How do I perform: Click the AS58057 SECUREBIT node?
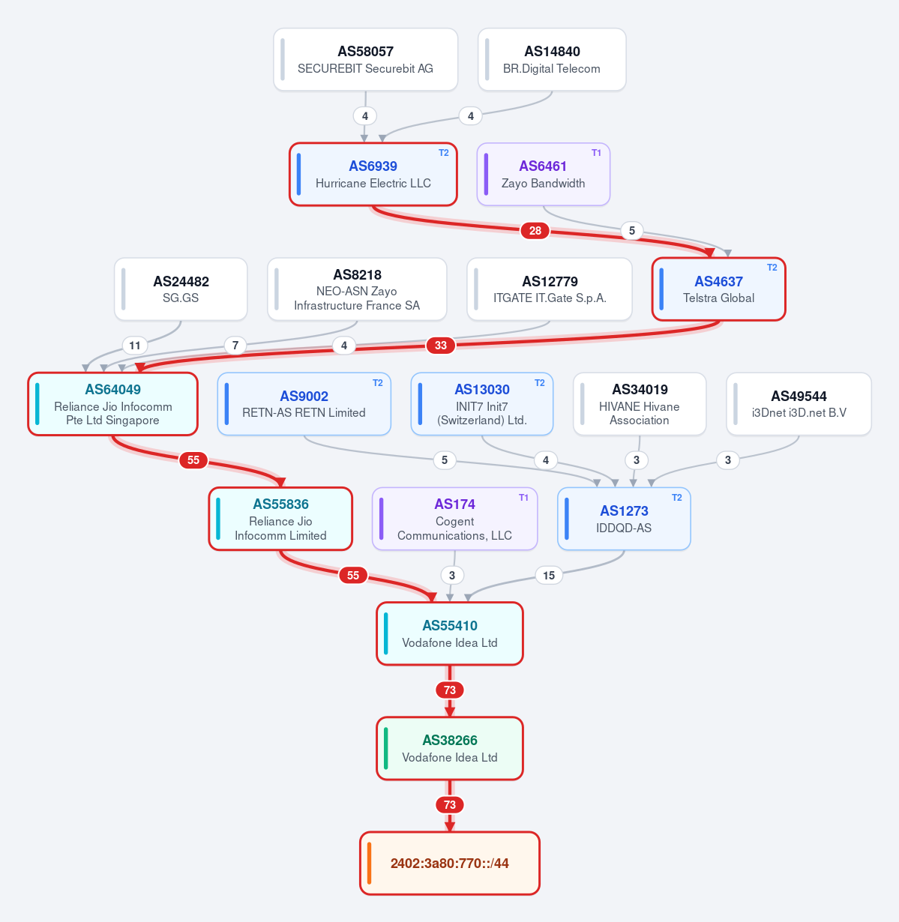pyautogui.click(x=365, y=59)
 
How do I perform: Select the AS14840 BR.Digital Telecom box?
pyautogui.click(x=552, y=59)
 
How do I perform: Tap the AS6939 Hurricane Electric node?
pyautogui.click(x=373, y=174)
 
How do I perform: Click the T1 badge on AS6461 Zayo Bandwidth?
pyautogui.click(x=596, y=153)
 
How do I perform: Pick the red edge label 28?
pyautogui.click(x=535, y=231)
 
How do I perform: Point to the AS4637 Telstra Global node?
pyautogui.click(x=718, y=289)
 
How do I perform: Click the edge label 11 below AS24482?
pyautogui.click(x=135, y=346)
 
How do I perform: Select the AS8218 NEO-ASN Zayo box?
pyautogui.click(x=357, y=289)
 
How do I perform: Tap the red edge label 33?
pyautogui.click(x=441, y=346)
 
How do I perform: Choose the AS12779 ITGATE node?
pyautogui.click(x=550, y=289)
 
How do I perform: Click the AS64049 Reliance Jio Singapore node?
pyautogui.click(x=112, y=404)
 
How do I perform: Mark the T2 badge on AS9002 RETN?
pyautogui.click(x=378, y=383)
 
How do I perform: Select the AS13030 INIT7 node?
pyautogui.click(x=482, y=404)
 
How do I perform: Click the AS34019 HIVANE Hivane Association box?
pyautogui.click(x=640, y=404)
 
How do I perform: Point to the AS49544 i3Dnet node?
pyautogui.click(x=799, y=404)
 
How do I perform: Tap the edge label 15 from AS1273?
pyautogui.click(x=549, y=575)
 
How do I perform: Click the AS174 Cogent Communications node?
pyautogui.click(x=454, y=519)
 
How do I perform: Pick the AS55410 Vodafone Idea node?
pyautogui.click(x=450, y=633)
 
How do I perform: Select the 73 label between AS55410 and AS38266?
pyautogui.click(x=450, y=690)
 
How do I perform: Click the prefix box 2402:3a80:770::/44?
pyautogui.click(x=450, y=864)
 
